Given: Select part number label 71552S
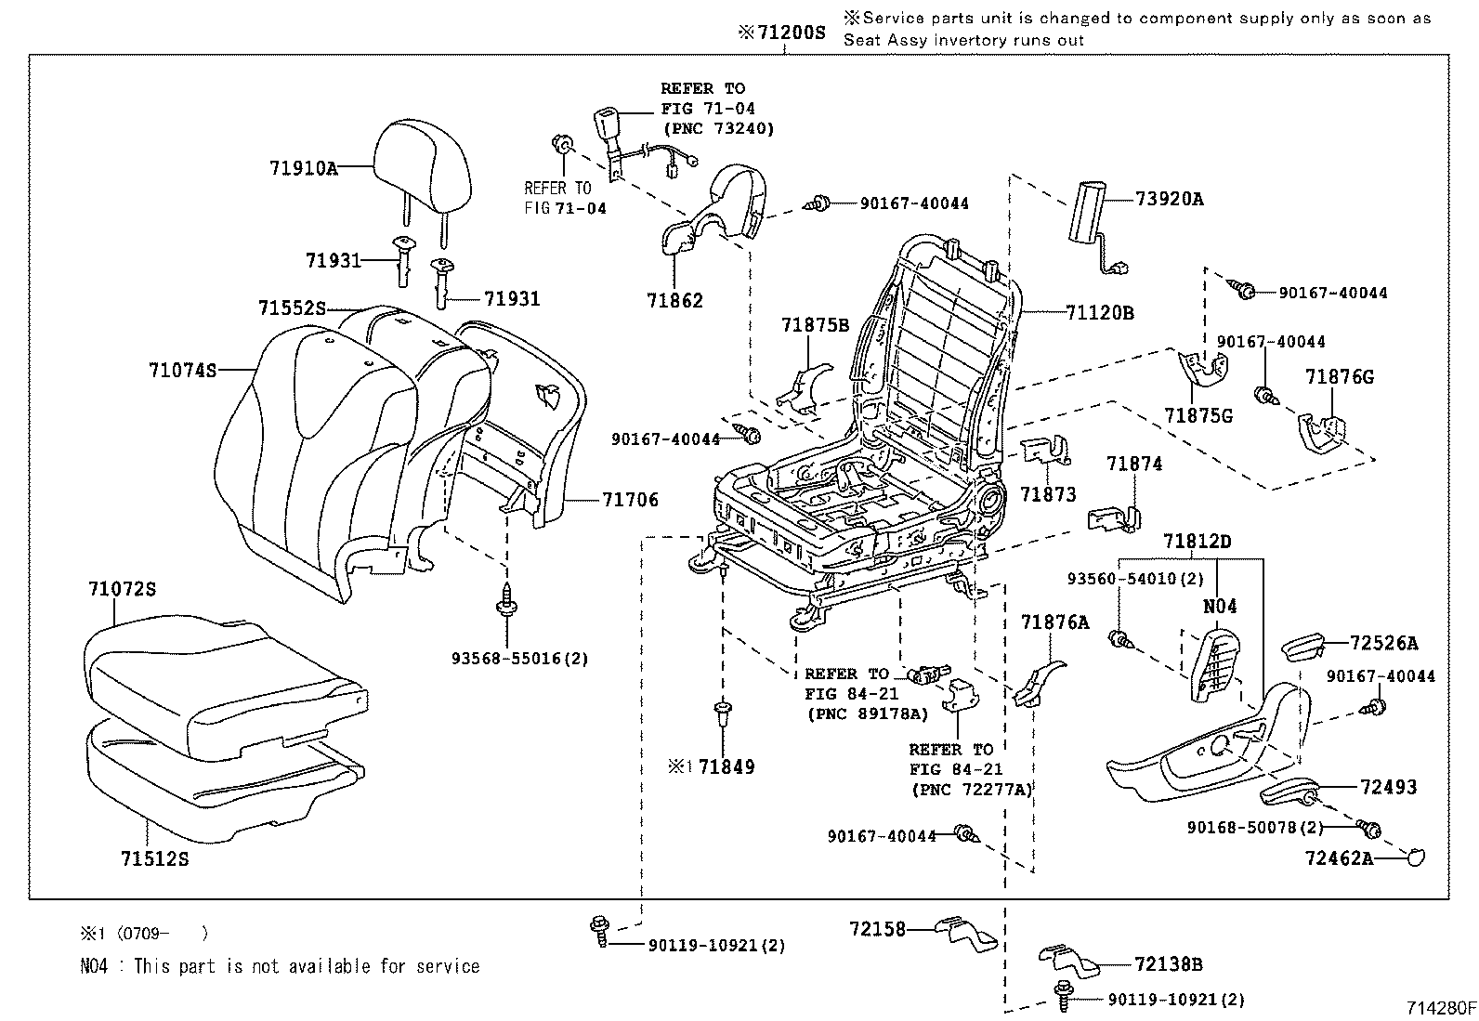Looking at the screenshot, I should [x=293, y=307].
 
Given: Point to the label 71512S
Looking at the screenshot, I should [x=154, y=859].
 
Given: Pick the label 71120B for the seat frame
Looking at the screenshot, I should [x=1099, y=313].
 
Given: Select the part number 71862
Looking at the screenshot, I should [x=674, y=300].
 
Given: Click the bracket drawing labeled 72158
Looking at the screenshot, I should [x=963, y=932].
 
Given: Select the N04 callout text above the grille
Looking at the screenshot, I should [x=1220, y=607].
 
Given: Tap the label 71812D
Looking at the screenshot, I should [x=1198, y=541].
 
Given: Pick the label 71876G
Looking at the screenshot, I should [x=1339, y=376].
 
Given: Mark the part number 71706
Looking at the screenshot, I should [x=630, y=500].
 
